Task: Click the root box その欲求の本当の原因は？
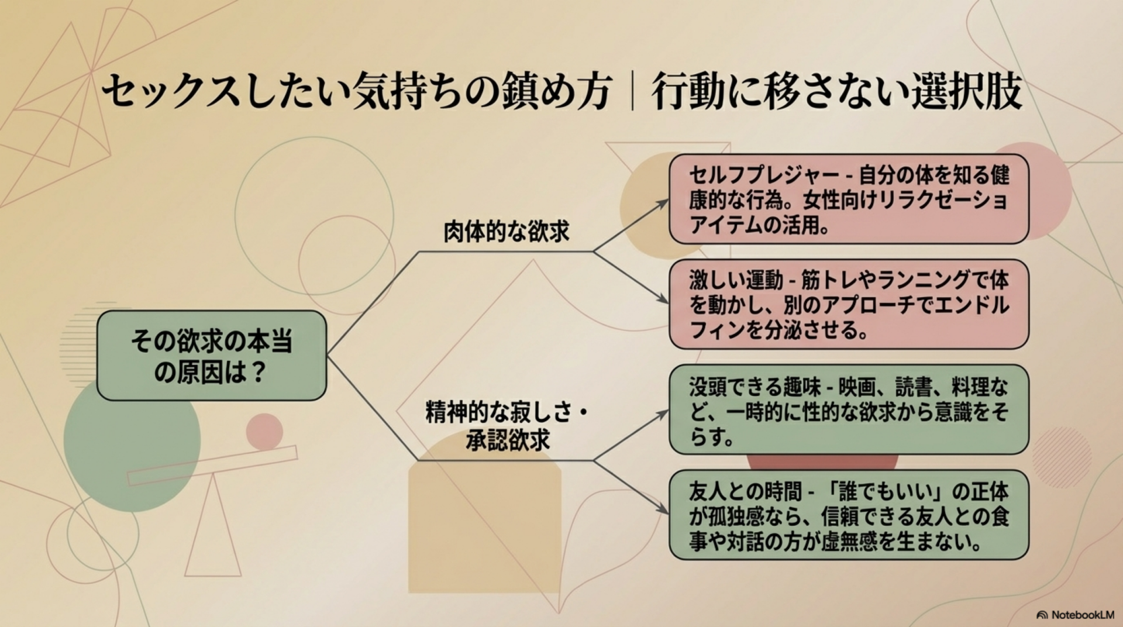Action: [211, 356]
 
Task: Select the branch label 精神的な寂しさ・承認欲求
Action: [507, 427]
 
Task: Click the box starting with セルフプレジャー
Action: [848, 199]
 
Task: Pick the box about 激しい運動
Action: [848, 305]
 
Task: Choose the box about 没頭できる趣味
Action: [848, 410]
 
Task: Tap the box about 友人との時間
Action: [848, 515]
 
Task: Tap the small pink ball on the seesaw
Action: [264, 432]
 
